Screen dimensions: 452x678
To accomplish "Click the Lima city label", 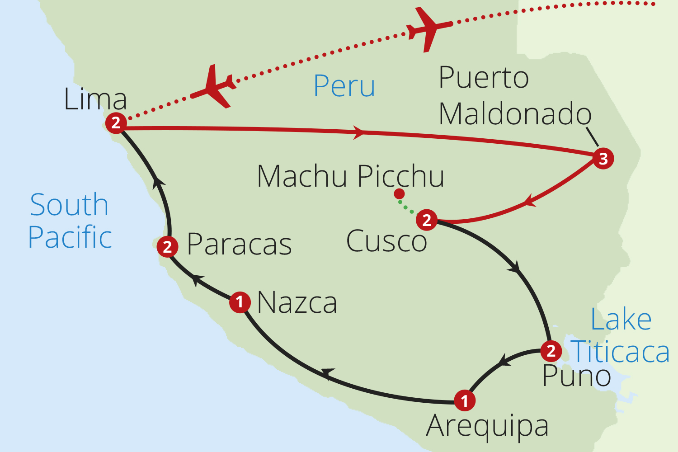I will (95, 99).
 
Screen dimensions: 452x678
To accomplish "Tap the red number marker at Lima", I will (116, 122).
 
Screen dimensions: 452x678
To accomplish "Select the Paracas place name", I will (239, 245).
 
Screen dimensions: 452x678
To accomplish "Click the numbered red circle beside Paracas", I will (167, 247).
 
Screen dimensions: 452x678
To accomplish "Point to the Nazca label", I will (297, 302).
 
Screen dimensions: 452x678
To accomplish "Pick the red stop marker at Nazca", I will (240, 301).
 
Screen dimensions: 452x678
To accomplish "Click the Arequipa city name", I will (487, 426).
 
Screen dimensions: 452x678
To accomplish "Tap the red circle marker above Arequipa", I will (465, 400).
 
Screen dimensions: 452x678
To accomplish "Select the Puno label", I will (576, 376).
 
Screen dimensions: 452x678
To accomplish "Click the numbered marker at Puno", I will (551, 351).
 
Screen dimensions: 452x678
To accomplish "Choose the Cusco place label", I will (386, 241).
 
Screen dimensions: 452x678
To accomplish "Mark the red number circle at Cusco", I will (427, 220).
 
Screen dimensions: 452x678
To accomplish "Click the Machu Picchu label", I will (350, 176).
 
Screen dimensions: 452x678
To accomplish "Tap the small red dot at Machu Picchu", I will (399, 194).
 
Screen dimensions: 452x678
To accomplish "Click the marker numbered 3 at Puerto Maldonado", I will (603, 159).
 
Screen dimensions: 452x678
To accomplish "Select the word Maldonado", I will (515, 113).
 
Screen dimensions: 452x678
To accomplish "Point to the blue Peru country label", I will (344, 86).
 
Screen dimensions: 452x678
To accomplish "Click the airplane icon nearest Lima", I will (213, 87).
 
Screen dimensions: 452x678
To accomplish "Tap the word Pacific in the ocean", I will (70, 237).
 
